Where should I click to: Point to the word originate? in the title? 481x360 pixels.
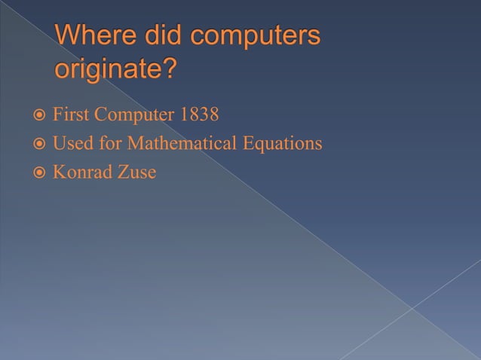[117, 70]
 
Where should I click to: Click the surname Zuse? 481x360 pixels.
[137, 172]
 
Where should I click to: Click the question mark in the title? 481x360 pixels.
[170, 69]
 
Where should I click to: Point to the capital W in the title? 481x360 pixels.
[68, 36]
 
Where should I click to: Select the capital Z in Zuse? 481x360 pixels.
[124, 172]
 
